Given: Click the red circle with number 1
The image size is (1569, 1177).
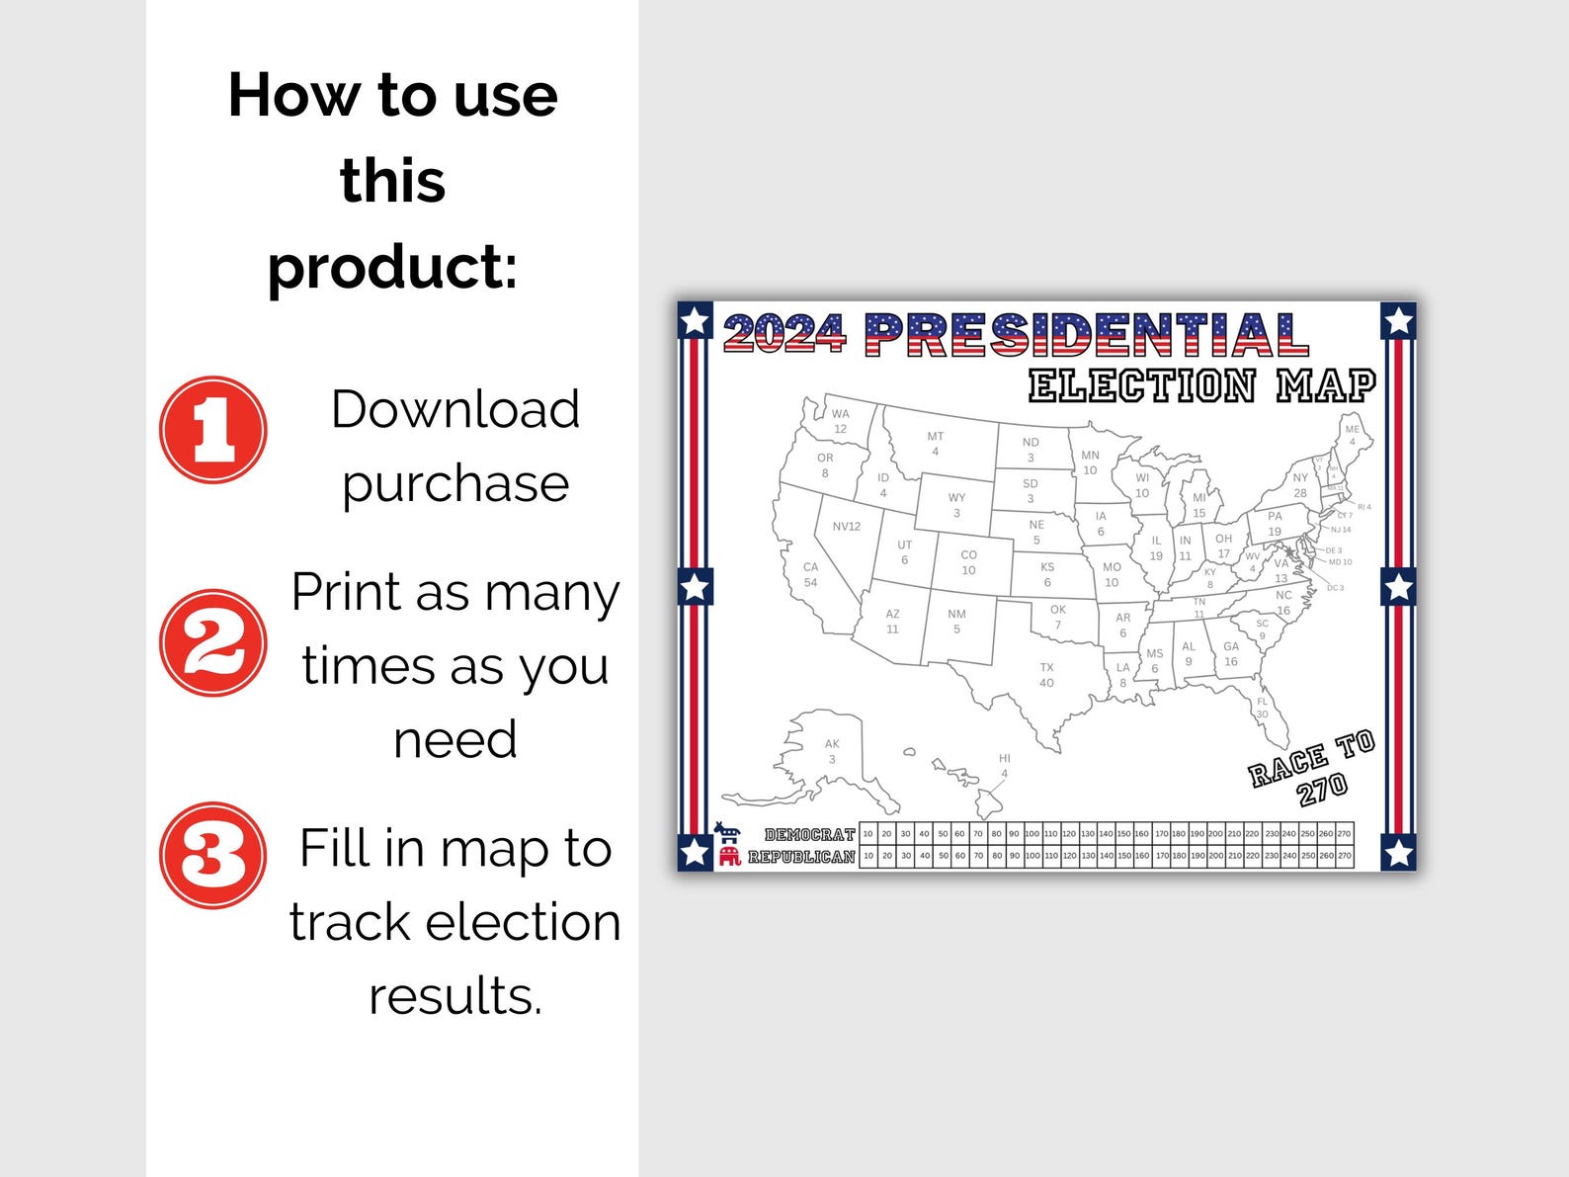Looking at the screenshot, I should point(213,430).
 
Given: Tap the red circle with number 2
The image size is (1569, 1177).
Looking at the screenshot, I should point(213,643).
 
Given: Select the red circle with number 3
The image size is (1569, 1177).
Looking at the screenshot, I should point(213,856).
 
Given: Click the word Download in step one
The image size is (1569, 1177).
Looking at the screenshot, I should point(454,409).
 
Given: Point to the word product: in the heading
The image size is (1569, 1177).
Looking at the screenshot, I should point(392,267).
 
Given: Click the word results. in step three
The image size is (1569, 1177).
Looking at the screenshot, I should point(455,995).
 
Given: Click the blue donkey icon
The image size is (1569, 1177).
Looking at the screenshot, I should point(727,832).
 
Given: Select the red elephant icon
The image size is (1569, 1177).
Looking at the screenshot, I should point(729,856).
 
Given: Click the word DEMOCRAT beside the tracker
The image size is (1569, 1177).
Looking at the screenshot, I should point(809,835).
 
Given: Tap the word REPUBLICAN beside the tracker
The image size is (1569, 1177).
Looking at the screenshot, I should point(801,857).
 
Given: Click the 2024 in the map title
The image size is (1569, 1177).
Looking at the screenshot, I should point(784,334).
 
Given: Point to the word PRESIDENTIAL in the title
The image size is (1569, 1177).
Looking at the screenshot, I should point(1087,335).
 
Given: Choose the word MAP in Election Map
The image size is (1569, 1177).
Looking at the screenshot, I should point(1326,385).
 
